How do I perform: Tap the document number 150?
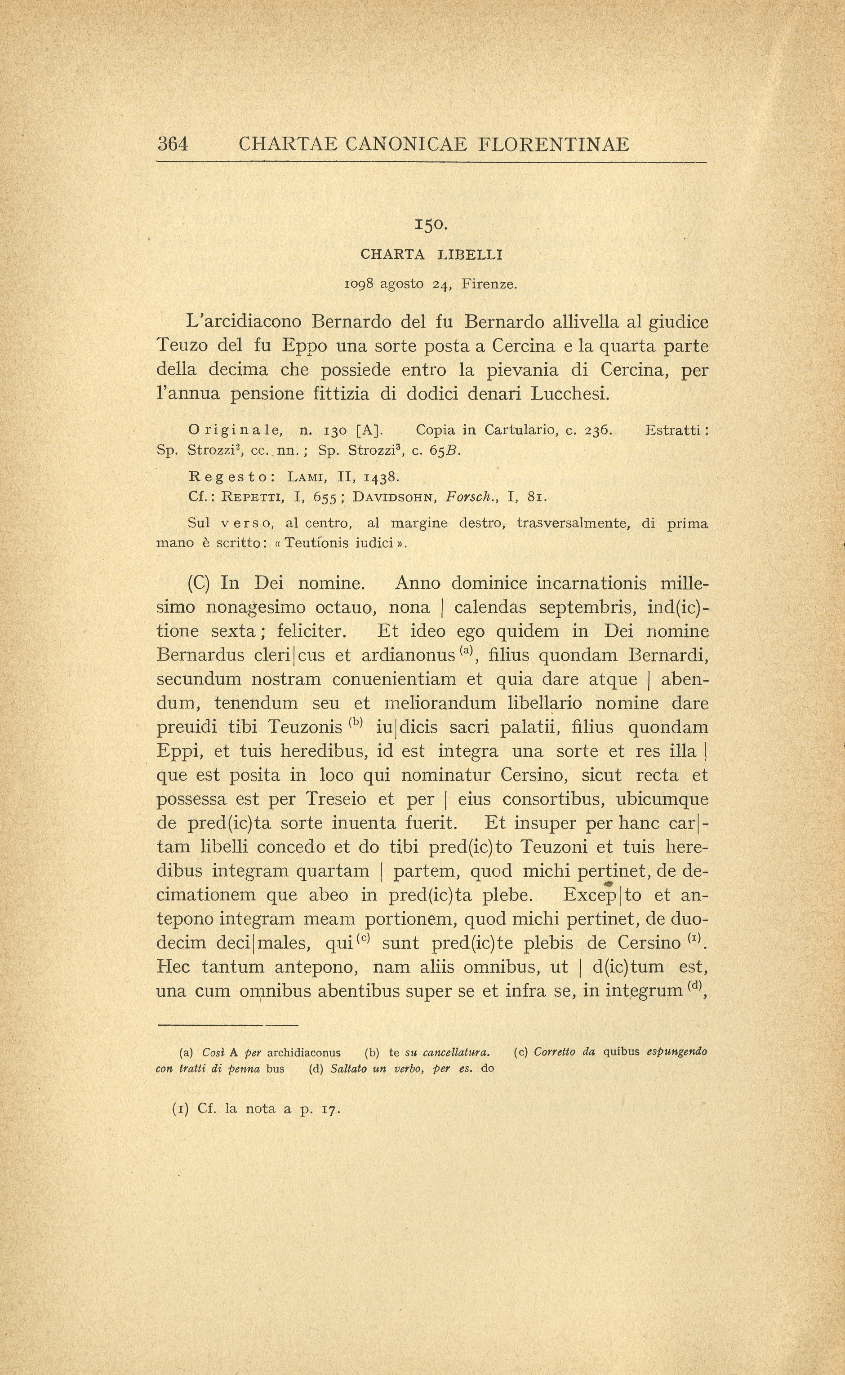431,225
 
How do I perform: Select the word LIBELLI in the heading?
470,255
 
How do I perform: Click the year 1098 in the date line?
360,284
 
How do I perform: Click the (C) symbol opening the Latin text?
198,583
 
